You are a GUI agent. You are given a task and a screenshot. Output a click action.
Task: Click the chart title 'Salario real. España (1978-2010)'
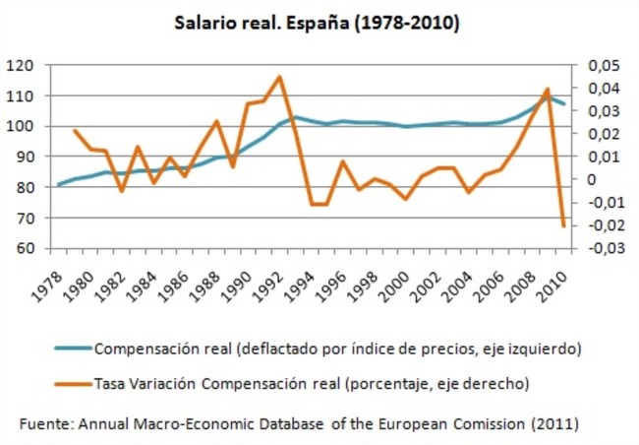tap(317, 22)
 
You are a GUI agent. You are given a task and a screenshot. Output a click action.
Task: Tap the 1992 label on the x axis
tap(275, 282)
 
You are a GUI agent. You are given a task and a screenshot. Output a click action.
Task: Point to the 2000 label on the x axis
tap(400, 282)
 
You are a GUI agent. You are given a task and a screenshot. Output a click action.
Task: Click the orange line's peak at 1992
tap(280, 77)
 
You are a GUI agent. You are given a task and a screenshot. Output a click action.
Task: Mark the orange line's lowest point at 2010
tap(563, 225)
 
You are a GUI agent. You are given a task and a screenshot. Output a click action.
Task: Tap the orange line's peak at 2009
tap(548, 90)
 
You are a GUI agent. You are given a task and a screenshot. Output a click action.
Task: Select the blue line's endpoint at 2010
tap(563, 103)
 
